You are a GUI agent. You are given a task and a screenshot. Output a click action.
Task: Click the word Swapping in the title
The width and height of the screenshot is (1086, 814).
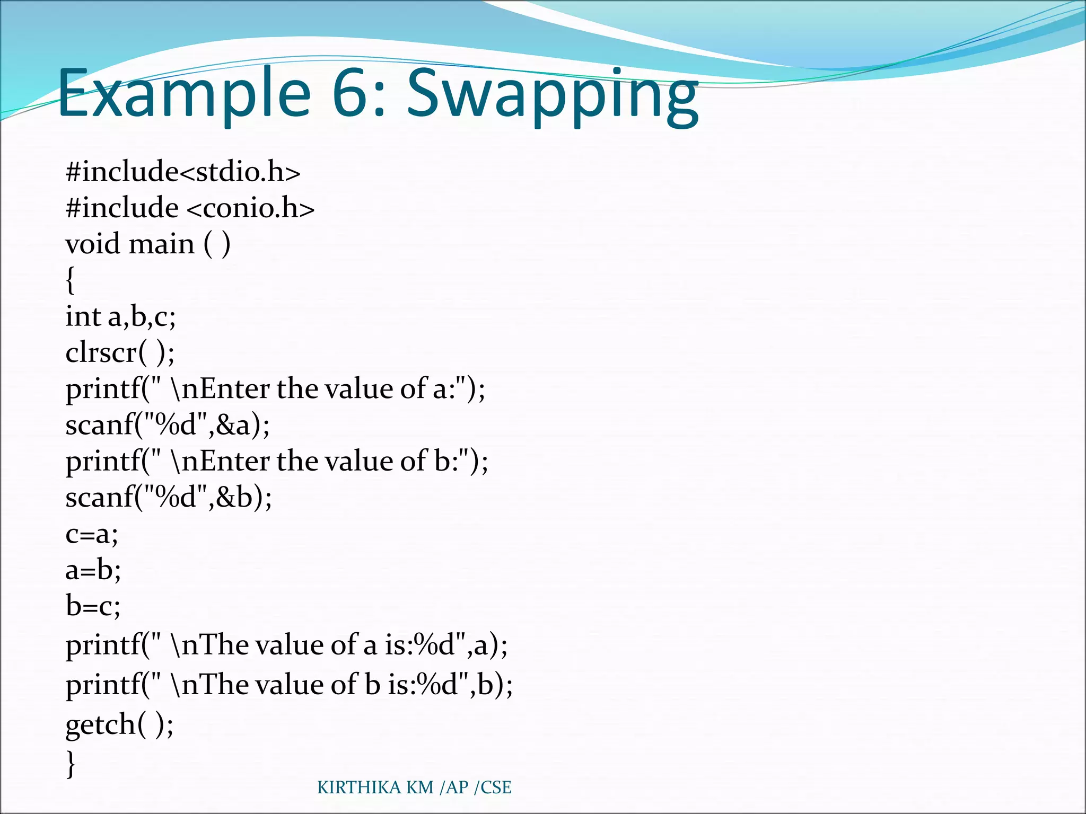click(x=553, y=95)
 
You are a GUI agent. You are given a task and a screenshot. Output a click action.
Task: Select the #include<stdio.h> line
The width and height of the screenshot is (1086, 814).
click(x=183, y=172)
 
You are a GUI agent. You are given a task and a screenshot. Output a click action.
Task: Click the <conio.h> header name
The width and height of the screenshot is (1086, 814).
click(x=251, y=208)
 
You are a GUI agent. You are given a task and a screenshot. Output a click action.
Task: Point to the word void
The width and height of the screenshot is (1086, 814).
click(x=92, y=244)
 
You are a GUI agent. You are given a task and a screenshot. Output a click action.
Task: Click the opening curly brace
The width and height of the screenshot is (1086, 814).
click(x=71, y=280)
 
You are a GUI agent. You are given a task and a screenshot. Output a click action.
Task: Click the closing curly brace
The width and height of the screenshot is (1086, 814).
click(x=71, y=763)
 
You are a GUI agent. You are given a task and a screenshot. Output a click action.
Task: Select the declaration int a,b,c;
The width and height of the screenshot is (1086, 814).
click(x=120, y=316)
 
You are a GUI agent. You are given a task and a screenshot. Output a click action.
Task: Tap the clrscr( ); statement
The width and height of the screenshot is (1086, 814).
click(x=120, y=352)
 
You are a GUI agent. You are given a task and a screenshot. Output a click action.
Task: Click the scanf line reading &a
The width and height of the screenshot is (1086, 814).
click(x=168, y=425)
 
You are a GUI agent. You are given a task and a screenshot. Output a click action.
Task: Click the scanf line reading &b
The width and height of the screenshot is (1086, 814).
click(x=169, y=497)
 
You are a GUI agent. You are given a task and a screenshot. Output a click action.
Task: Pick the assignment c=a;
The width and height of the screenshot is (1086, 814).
click(x=92, y=534)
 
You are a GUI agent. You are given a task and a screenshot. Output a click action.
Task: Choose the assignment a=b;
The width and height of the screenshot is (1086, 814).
click(x=93, y=570)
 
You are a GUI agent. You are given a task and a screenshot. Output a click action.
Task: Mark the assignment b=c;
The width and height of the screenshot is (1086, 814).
click(x=93, y=606)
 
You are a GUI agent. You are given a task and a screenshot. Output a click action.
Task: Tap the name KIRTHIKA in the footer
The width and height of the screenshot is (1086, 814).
click(x=360, y=788)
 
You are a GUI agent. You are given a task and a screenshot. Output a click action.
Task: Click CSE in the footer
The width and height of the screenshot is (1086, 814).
click(x=496, y=788)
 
